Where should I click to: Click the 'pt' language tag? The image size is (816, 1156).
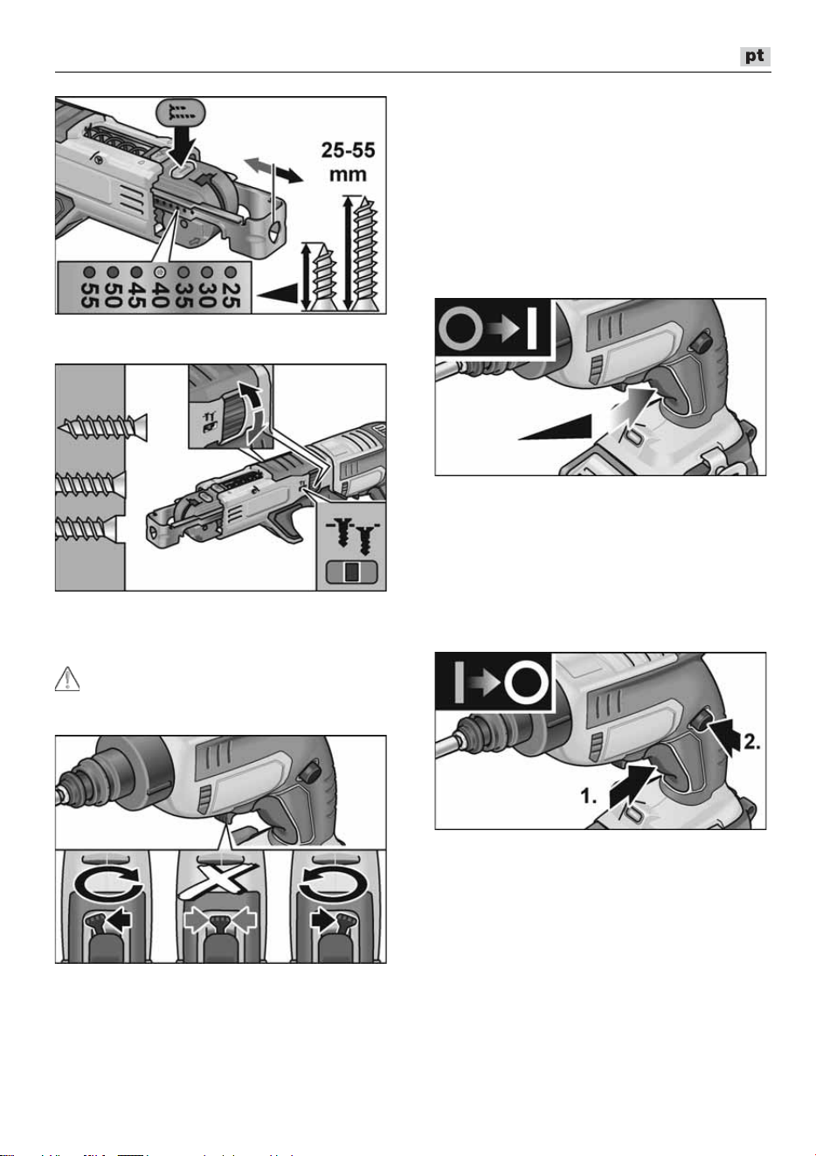(755, 56)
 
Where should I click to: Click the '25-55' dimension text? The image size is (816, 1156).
(348, 150)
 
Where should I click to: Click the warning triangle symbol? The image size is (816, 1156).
(67, 679)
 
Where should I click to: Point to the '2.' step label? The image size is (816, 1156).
(751, 742)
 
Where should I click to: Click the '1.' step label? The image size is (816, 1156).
(589, 796)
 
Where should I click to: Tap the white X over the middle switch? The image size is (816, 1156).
(218, 881)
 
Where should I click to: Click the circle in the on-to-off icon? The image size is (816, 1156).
(526, 682)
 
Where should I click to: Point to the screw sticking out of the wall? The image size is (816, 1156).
(103, 427)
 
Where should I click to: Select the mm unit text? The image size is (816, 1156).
(348, 174)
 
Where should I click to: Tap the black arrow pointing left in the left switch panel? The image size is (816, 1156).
(119, 919)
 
